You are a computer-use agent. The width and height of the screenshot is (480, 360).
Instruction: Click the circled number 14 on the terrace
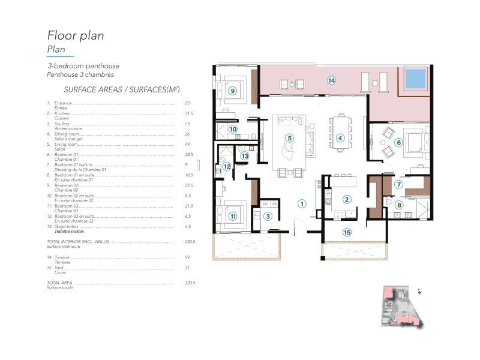[x=331, y=80]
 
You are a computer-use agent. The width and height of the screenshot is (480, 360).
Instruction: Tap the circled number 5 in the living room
[x=289, y=137]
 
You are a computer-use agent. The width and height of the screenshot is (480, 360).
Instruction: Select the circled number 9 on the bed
[x=233, y=91]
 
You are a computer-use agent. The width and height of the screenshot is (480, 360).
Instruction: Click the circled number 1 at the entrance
[x=302, y=203]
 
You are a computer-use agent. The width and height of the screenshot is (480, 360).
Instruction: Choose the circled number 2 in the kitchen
[x=346, y=199]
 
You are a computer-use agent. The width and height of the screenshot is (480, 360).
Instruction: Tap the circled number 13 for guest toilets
[x=245, y=155]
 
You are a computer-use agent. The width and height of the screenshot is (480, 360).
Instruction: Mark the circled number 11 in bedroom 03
[x=233, y=216]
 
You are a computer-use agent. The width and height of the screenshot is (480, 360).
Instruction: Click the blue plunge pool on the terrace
[x=415, y=77]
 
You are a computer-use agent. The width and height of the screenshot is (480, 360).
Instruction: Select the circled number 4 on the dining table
[x=340, y=137]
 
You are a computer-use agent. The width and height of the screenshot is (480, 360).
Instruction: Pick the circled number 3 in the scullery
[x=269, y=216]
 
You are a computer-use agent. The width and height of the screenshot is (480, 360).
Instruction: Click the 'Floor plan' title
[x=76, y=35]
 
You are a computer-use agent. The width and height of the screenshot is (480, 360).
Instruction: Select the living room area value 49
[x=188, y=144]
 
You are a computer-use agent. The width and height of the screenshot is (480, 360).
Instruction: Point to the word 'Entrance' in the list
[x=63, y=103]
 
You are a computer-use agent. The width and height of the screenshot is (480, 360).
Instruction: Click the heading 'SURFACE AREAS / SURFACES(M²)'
[x=113, y=89]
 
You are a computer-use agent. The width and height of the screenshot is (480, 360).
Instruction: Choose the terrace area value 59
[x=188, y=257]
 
